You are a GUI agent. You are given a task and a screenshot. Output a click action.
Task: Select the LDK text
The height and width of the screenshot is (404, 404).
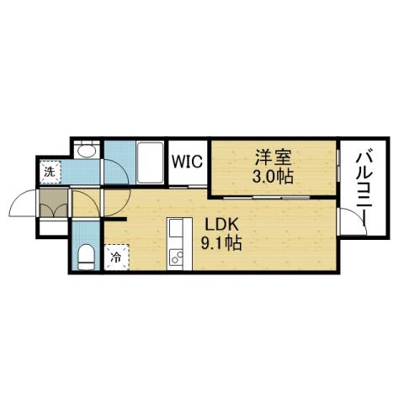(221, 226)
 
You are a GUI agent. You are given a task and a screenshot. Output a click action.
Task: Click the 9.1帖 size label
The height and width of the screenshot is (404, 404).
(222, 245)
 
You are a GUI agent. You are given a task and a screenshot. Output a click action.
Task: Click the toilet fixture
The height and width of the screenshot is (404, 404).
(86, 256)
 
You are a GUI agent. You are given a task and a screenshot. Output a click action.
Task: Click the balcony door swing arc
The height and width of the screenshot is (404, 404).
(355, 221)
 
